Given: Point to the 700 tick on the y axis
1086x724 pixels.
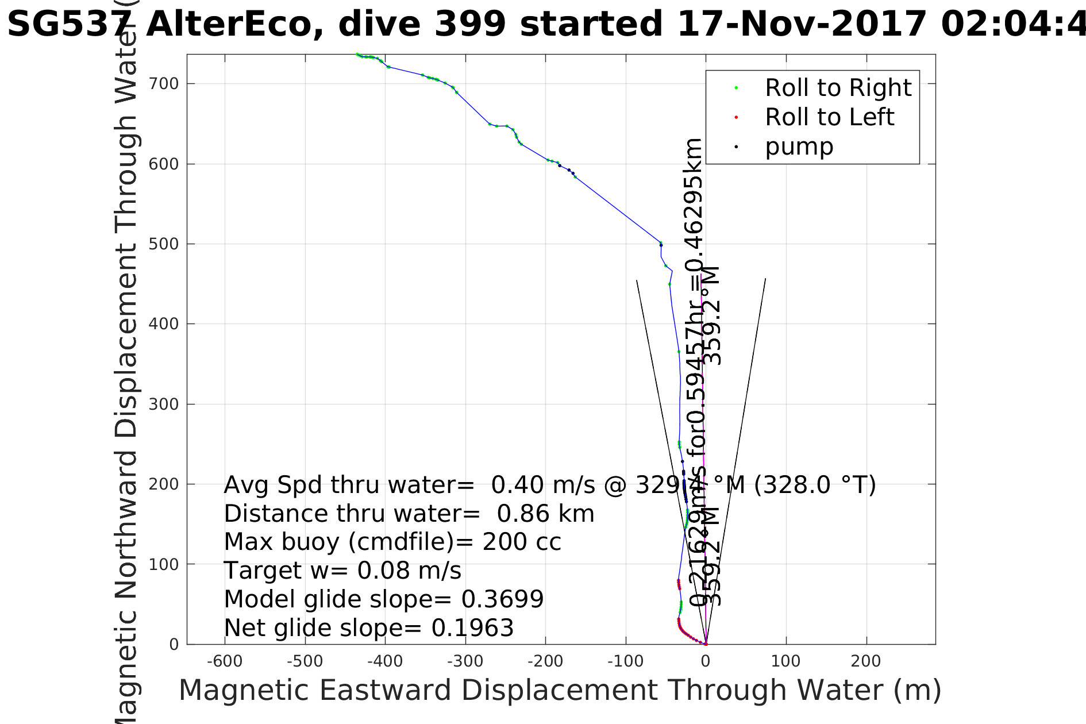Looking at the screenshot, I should [164, 84].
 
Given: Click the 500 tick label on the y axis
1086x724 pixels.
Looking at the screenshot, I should [164, 244].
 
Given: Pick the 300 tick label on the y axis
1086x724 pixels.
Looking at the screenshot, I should [164, 404].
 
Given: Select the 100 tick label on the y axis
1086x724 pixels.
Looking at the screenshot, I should [164, 564].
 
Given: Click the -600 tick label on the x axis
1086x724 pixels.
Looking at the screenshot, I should [224, 661].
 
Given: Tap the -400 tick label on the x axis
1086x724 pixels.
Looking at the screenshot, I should [384, 661].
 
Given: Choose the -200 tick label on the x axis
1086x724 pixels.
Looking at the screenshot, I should [545, 661].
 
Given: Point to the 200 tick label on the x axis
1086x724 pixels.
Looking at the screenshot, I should [866, 661].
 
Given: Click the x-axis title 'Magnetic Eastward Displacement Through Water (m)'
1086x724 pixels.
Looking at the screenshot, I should [560, 690].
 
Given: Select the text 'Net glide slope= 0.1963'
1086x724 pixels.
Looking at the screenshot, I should [368, 628].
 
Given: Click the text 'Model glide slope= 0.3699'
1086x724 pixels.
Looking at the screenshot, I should [383, 599].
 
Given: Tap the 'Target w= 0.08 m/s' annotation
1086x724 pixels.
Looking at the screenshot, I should [342, 571].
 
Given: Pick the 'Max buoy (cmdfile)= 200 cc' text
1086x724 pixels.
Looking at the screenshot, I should [392, 542].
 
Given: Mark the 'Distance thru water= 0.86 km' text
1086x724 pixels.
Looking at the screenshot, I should [409, 514].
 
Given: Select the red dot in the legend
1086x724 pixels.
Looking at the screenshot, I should [736, 117].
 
